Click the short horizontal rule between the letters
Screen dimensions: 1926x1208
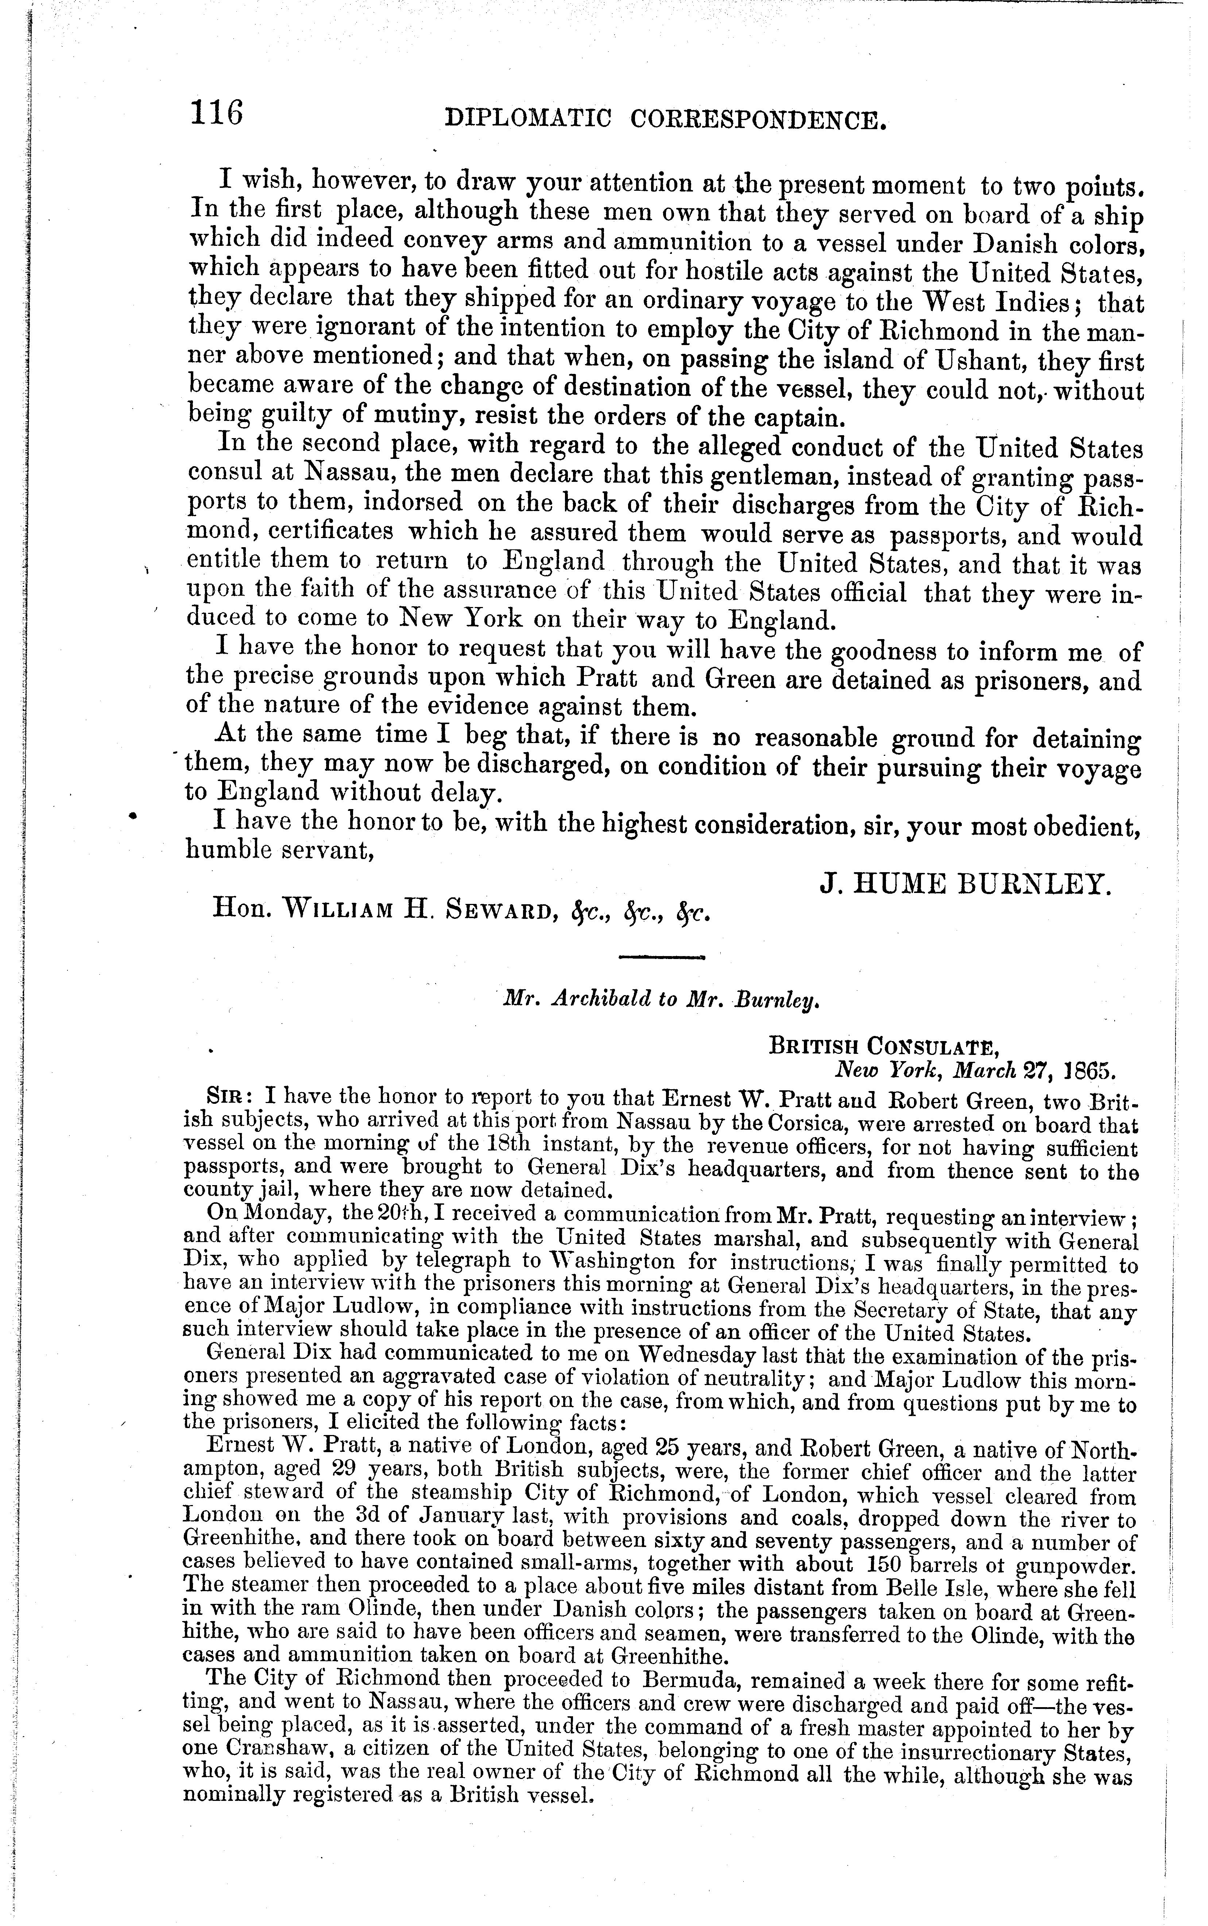(661, 956)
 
